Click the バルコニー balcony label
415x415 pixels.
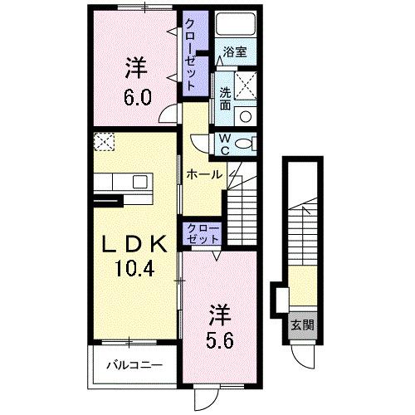pyautogui.click(x=133, y=364)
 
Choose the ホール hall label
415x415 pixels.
pyautogui.click(x=203, y=174)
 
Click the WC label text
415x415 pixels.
pyautogui.click(x=224, y=144)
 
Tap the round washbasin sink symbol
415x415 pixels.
pyautogui.click(x=246, y=115)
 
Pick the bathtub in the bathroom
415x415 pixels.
pyautogui.click(x=235, y=27)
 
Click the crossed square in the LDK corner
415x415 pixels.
pyautogui.click(x=104, y=142)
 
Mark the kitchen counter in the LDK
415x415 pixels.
pyautogui.click(x=121, y=181)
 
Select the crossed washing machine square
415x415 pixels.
pyautogui.click(x=246, y=83)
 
